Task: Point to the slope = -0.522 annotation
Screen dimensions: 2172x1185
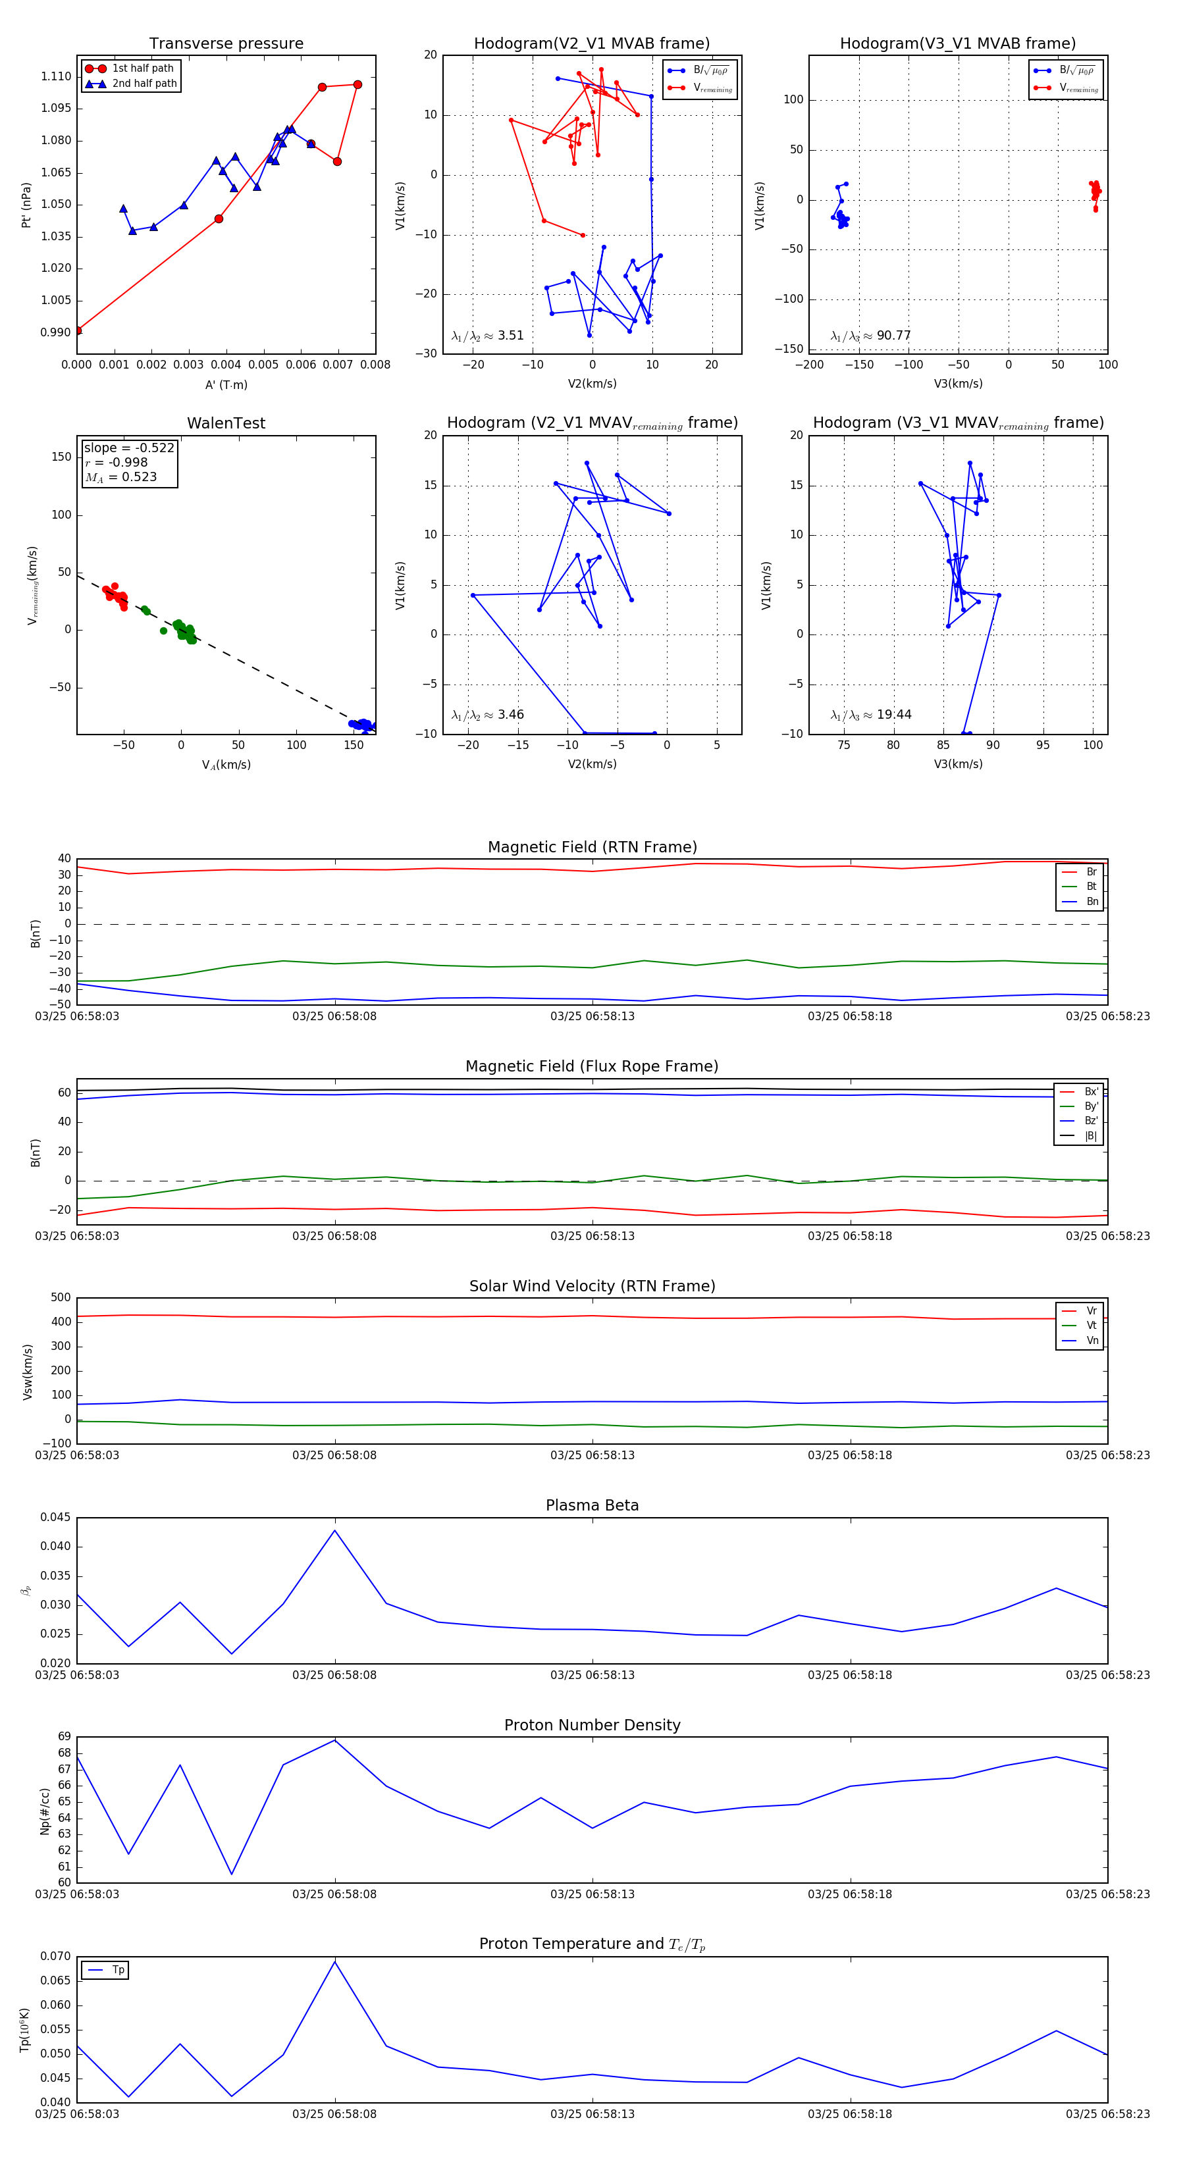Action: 129,448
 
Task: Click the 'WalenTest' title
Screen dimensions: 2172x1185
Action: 226,423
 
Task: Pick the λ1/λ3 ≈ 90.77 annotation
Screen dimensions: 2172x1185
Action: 870,336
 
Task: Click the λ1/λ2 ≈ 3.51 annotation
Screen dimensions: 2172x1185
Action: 487,336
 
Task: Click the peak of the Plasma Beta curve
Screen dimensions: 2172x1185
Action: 335,1530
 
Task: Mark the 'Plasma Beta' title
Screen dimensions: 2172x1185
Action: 592,1505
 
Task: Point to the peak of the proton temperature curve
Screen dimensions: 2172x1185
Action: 335,1962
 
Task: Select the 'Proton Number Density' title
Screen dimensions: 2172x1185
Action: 592,1724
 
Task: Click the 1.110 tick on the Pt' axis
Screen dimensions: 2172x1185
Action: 57,77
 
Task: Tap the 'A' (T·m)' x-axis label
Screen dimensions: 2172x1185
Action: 226,384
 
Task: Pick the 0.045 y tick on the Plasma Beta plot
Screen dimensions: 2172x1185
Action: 56,1517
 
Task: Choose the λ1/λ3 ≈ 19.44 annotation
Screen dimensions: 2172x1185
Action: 870,715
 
